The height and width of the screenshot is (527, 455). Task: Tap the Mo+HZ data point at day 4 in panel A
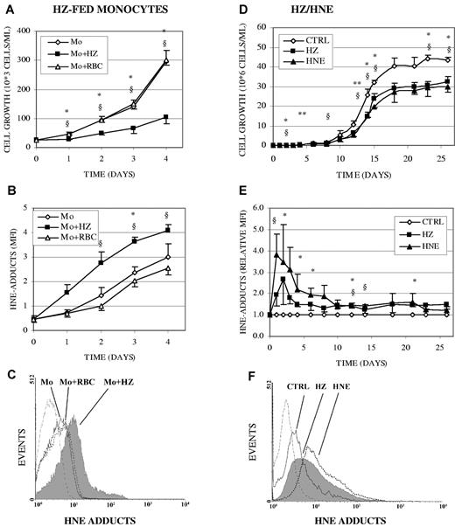click(x=166, y=117)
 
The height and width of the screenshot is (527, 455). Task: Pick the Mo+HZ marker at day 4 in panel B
click(x=166, y=230)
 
